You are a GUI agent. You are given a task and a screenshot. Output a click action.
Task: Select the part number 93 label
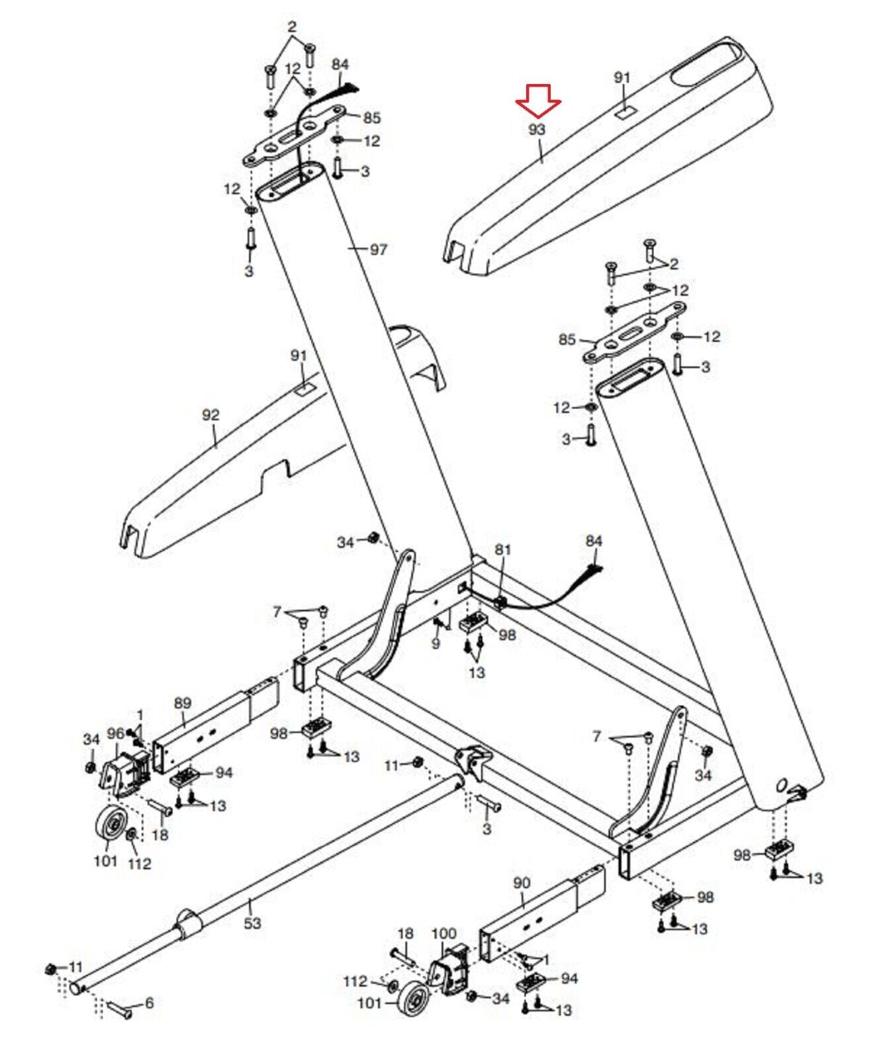(x=536, y=130)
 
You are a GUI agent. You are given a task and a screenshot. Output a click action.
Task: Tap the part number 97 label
(x=378, y=250)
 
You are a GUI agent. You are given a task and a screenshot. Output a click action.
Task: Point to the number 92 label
(x=210, y=416)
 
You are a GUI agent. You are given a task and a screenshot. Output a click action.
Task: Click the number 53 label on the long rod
(x=252, y=922)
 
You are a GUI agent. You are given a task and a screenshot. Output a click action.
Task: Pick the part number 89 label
(x=182, y=703)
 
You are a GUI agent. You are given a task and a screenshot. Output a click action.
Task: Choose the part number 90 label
(x=522, y=883)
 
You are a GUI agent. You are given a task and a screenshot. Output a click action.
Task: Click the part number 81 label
(x=503, y=549)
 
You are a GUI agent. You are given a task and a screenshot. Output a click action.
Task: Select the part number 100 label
(x=443, y=933)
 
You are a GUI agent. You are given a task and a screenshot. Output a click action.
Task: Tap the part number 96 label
(x=116, y=733)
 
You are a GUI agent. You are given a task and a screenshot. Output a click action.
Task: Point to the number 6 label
(x=149, y=1003)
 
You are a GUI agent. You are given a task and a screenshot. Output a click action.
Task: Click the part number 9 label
(x=435, y=643)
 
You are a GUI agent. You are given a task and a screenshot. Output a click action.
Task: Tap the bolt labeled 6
(x=118, y=1010)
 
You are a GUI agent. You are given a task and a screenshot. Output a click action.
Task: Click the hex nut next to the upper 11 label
(x=418, y=762)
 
